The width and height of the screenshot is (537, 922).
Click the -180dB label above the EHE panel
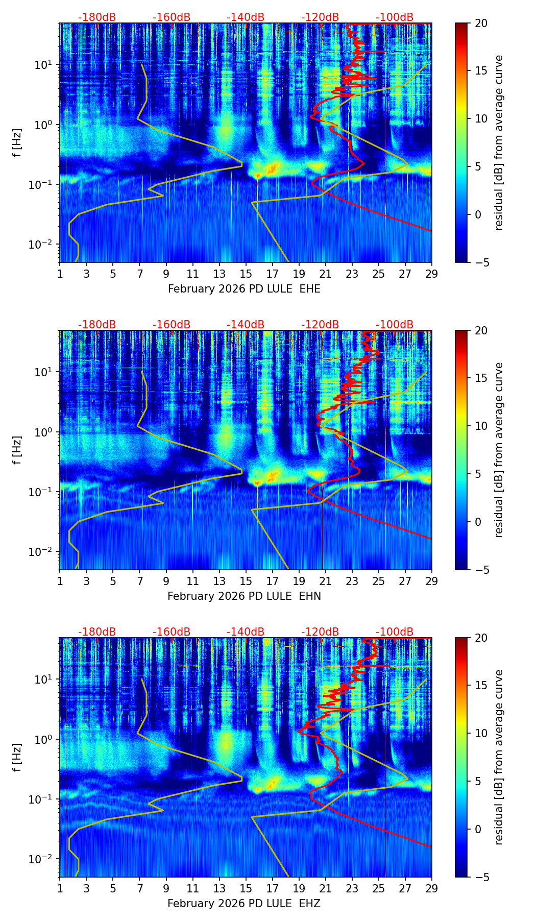[x=97, y=17]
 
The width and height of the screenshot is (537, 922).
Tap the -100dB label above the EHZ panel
[x=395, y=632]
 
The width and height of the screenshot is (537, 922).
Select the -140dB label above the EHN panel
[x=246, y=325]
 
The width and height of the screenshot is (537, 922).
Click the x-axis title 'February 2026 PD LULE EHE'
[x=244, y=289]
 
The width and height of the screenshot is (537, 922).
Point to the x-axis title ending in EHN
[x=244, y=596]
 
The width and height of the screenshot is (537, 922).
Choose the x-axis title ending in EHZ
[x=244, y=904]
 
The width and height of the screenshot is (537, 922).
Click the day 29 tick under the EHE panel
[x=432, y=274]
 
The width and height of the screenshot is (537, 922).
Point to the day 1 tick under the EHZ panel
[x=60, y=889]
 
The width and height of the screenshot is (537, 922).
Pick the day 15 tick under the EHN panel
[x=246, y=581]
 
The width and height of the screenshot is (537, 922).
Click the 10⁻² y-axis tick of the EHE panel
[x=43, y=245]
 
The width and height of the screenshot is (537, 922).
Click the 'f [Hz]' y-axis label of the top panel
[x=17, y=142]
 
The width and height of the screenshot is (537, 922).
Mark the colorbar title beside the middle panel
[x=499, y=450]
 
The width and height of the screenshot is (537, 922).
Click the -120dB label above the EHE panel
[x=320, y=17]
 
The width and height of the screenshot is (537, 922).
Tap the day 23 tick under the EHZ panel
[x=352, y=889]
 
